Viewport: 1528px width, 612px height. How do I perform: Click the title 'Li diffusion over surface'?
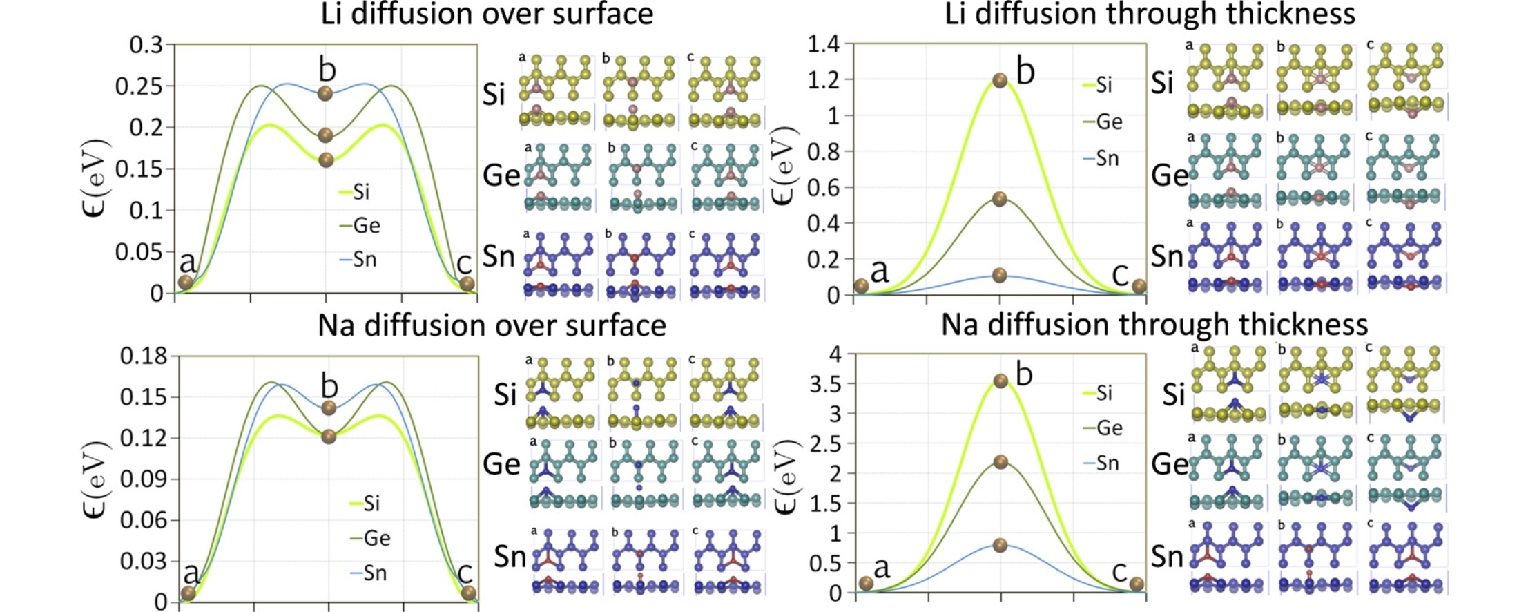(x=487, y=14)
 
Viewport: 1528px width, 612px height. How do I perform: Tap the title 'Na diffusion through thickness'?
(x=1154, y=325)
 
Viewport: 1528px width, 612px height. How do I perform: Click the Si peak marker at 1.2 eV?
(x=999, y=80)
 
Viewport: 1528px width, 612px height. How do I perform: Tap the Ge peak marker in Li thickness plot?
(x=999, y=199)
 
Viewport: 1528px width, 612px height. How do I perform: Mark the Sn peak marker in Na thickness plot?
(x=1000, y=545)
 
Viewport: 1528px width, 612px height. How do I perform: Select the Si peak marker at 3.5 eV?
(x=1000, y=381)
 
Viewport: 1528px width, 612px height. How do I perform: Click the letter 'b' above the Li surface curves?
(x=327, y=70)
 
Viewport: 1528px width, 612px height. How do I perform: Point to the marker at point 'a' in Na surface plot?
(x=188, y=593)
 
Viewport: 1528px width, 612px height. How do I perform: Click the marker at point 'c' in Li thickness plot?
(x=1139, y=286)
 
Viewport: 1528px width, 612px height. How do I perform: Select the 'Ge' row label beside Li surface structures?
(x=501, y=175)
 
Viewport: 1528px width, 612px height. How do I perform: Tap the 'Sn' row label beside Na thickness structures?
(x=1167, y=556)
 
